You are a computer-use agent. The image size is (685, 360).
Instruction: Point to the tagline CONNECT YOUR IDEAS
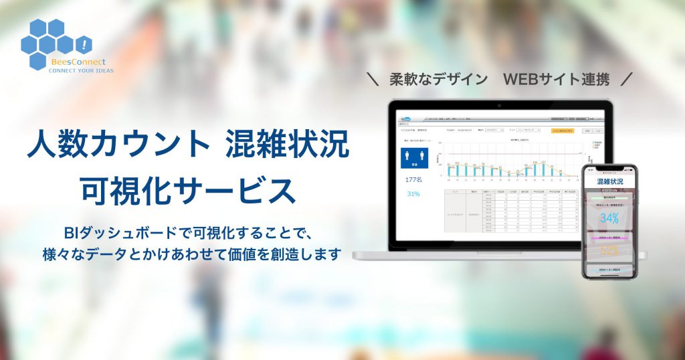point(82,70)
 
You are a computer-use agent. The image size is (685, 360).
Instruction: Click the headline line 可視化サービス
point(188,191)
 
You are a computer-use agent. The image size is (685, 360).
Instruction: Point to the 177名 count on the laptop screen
point(415,180)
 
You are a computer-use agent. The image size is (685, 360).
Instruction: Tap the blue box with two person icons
point(415,157)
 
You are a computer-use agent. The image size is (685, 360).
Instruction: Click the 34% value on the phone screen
point(609,218)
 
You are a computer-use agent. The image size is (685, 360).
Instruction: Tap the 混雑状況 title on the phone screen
point(609,181)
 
